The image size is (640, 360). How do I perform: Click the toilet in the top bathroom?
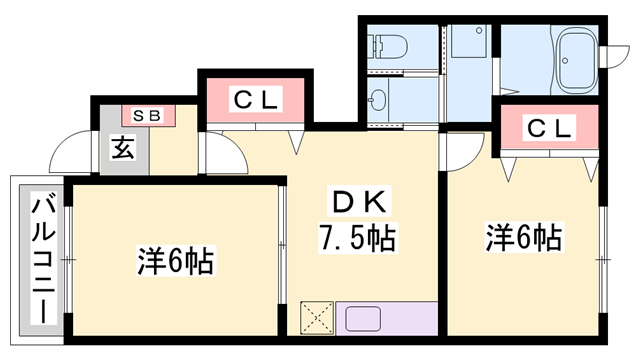coord(390,44)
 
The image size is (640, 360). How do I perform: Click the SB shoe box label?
coord(148,114)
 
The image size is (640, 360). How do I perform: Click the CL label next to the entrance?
coord(255,100)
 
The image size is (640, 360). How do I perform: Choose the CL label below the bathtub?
coord(548,128)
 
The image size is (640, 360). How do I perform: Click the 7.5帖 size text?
coord(356,238)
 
